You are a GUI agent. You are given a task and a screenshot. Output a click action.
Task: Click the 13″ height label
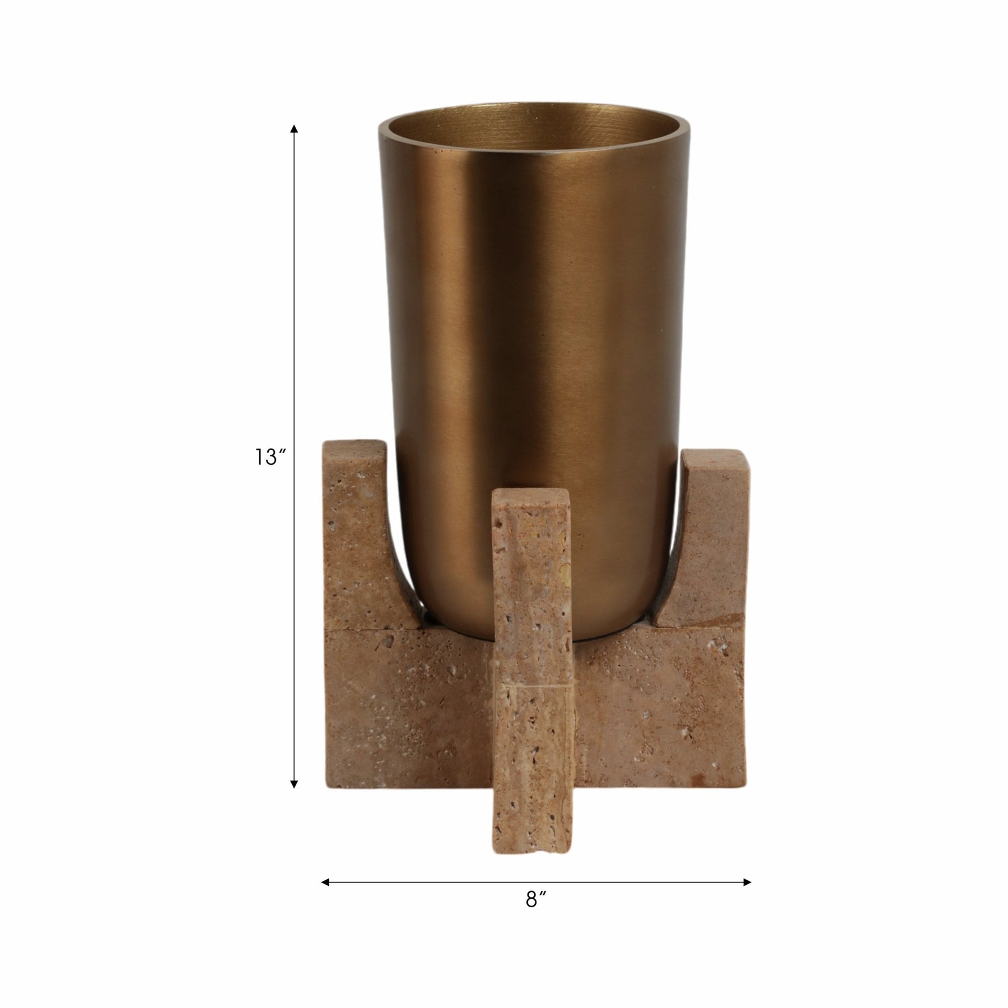click(271, 458)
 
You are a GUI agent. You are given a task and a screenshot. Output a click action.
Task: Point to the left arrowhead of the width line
click(325, 882)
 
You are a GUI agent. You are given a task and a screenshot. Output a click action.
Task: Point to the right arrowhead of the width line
click(746, 882)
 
